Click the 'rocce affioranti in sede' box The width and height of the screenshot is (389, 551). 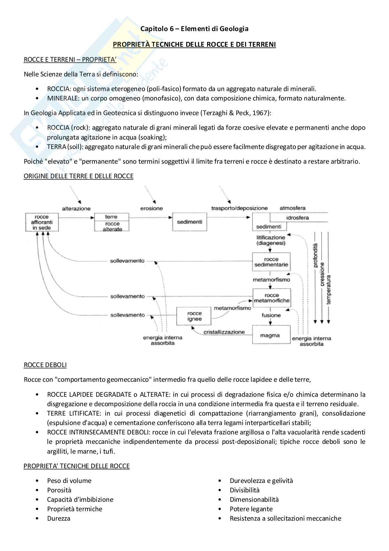(42, 222)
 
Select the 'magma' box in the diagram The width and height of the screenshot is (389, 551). (271, 335)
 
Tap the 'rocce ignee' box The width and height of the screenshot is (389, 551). (194, 316)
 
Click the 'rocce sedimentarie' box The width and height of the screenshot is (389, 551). (271, 262)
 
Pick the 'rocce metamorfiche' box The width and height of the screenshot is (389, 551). (271, 298)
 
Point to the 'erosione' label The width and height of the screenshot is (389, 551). (151, 208)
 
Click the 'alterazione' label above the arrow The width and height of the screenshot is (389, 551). (76, 208)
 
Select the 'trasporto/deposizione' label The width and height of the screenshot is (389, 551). (239, 208)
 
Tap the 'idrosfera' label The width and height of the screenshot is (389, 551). (297, 218)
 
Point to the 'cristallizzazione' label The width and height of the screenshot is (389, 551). (224, 332)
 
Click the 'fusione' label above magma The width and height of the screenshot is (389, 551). (271, 315)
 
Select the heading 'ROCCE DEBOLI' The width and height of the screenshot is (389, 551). (45, 365)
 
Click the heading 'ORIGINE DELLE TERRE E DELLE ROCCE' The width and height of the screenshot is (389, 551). (78, 176)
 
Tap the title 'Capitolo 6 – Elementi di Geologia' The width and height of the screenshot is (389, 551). (194, 29)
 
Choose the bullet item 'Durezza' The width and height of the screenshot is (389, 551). (59, 518)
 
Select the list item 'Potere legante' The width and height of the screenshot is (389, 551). (251, 509)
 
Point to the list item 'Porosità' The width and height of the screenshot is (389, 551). (59, 490)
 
